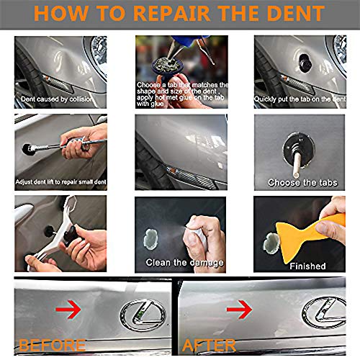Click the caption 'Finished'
click(x=307, y=266)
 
